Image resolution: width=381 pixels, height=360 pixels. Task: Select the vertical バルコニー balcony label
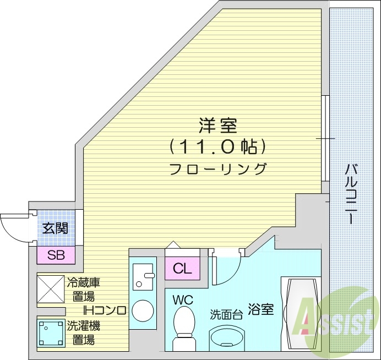pyautogui.click(x=350, y=193)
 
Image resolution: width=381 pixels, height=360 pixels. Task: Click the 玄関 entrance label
pyautogui.click(x=56, y=227)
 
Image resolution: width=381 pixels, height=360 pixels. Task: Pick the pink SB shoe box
pyautogui.click(x=56, y=255)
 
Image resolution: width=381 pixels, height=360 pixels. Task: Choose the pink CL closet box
pyautogui.click(x=182, y=269)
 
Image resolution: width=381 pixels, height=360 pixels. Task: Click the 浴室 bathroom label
pyautogui.click(x=260, y=309)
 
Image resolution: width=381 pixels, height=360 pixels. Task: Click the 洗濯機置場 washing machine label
pyautogui.click(x=83, y=332)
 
